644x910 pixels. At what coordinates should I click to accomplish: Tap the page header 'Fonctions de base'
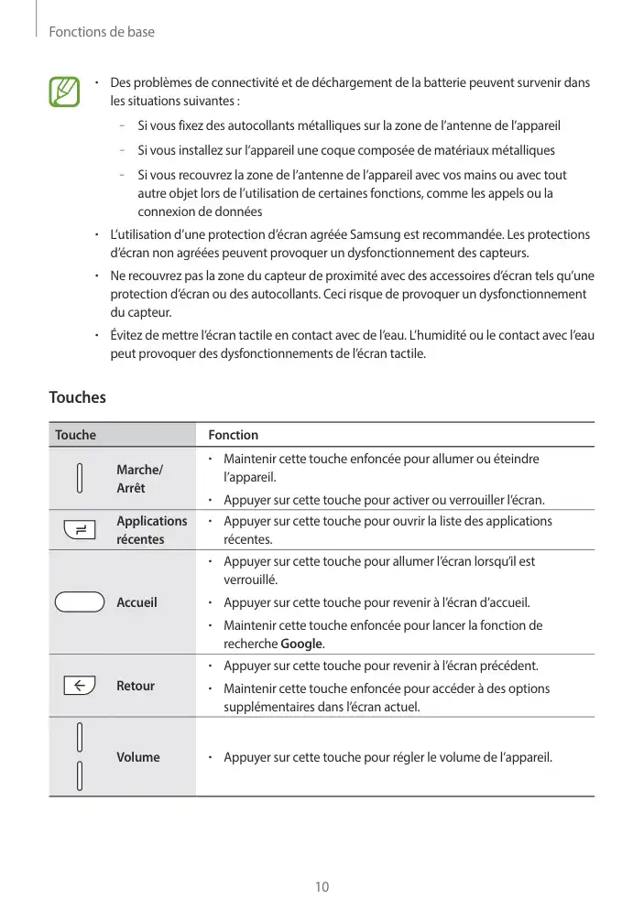pyautogui.click(x=101, y=32)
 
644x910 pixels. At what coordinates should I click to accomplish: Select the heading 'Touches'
pyautogui.click(x=77, y=397)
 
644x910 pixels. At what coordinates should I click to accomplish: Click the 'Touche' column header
pyautogui.click(x=75, y=435)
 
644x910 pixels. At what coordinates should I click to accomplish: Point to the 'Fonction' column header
pyautogui.click(x=233, y=435)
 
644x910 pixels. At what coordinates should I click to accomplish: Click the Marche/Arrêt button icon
pyautogui.click(x=80, y=478)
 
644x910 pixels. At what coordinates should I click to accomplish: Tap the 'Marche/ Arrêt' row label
pyautogui.click(x=138, y=479)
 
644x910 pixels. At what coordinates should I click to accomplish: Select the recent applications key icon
pyautogui.click(x=80, y=529)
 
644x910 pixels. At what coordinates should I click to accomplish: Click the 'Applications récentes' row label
pyautogui.click(x=151, y=530)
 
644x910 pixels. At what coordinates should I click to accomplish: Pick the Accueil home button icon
pyautogui.click(x=79, y=601)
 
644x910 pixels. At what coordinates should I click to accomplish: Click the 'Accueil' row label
pyautogui.click(x=136, y=602)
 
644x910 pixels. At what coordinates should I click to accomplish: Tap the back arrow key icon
pyautogui.click(x=80, y=685)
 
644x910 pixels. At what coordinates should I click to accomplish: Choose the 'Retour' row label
pyautogui.click(x=136, y=686)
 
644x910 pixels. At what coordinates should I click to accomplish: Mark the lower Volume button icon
pyautogui.click(x=80, y=776)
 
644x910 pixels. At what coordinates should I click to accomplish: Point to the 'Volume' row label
pyautogui.click(x=137, y=757)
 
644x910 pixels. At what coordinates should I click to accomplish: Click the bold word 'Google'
pyautogui.click(x=301, y=644)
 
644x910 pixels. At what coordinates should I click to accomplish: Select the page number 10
pyautogui.click(x=322, y=887)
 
